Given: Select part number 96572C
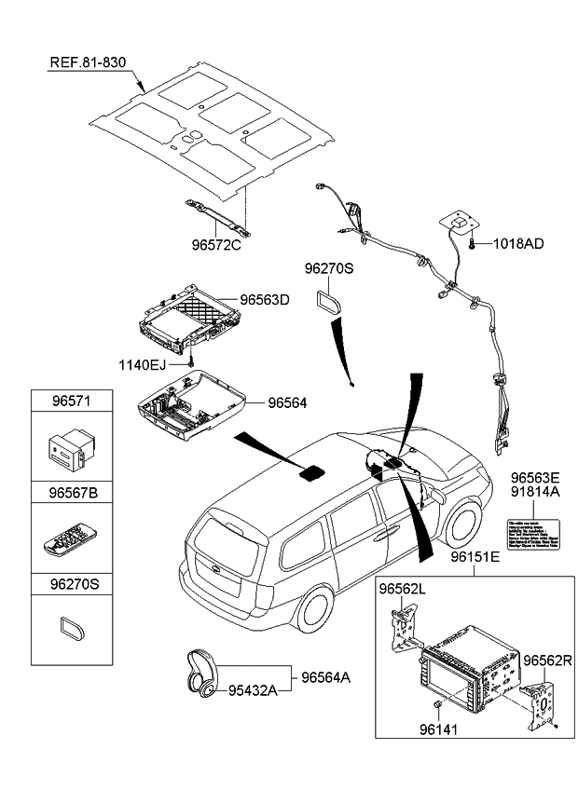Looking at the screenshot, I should (216, 247).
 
